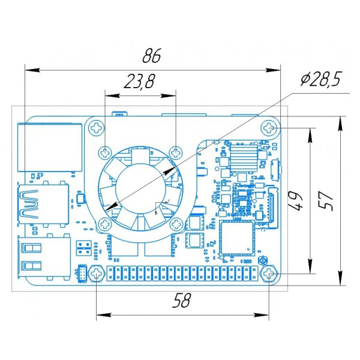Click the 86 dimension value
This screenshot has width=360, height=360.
(152, 55)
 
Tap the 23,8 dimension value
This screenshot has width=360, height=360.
(139, 81)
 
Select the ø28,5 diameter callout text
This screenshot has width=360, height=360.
(321, 79)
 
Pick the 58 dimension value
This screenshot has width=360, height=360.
(181, 301)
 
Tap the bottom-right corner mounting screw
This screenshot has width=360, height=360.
(269, 274)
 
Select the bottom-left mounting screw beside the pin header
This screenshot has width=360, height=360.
(97, 274)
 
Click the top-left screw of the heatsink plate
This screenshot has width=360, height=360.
(97, 127)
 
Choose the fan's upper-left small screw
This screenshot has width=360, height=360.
(105, 152)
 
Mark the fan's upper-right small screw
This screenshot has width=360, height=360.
(176, 152)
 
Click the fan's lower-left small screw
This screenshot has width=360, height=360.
(105, 224)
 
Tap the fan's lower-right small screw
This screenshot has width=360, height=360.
(176, 224)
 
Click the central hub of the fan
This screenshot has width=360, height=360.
(140, 188)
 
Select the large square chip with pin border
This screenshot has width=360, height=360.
(237, 238)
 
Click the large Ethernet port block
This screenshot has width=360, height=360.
(50, 148)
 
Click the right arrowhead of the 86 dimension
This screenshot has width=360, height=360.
(273, 70)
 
